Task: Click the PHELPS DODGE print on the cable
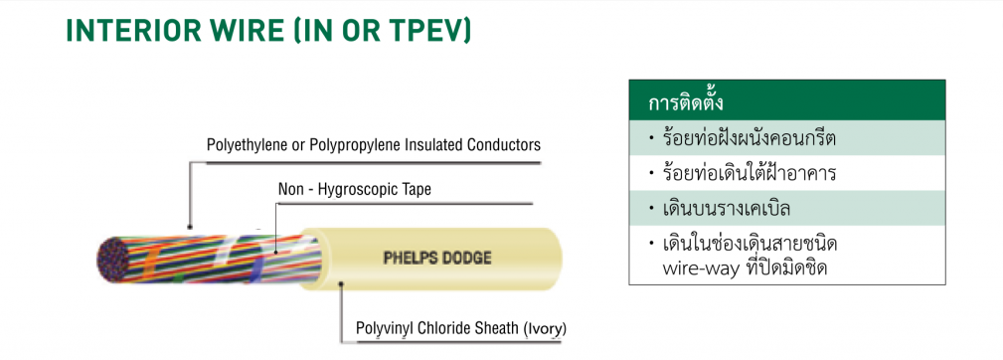click(437, 259)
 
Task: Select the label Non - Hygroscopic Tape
click(354, 189)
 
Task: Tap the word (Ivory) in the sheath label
click(545, 328)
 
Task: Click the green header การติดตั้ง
click(689, 103)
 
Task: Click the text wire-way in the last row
click(695, 269)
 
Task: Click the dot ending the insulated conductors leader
click(189, 227)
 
